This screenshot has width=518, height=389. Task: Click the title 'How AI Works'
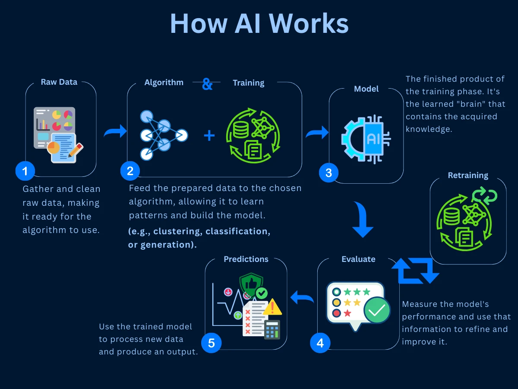[x=259, y=24]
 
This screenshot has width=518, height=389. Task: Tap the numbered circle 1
[x=25, y=171]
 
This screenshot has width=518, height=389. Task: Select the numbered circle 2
[x=130, y=171]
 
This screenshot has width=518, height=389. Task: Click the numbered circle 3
[x=328, y=173]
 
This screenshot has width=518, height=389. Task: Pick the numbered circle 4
[x=320, y=343]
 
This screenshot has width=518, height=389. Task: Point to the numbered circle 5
[x=211, y=343]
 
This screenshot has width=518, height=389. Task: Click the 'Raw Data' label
[x=59, y=82]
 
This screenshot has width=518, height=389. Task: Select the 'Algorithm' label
[x=164, y=83]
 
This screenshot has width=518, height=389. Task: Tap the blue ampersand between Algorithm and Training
[x=207, y=84]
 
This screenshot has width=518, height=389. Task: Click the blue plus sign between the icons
[x=209, y=136]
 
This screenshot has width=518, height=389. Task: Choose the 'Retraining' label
[x=468, y=175]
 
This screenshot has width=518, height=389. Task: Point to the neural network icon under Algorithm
[x=163, y=135]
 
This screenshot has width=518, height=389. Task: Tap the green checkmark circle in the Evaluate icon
[x=377, y=310]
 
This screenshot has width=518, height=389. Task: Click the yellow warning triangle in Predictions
[x=272, y=307]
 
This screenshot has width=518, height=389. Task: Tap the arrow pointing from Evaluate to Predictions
[x=302, y=297]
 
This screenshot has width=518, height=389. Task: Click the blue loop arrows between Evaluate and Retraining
[x=415, y=271]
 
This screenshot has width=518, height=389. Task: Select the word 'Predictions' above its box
[x=246, y=259]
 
